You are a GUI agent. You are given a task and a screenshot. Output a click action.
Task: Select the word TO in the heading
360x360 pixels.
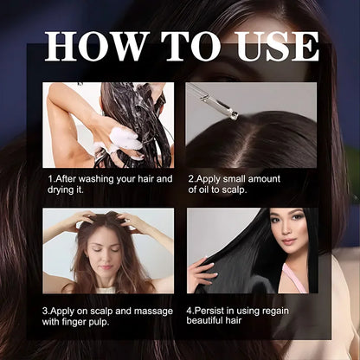click(178, 46)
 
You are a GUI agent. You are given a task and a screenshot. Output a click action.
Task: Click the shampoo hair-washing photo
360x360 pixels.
click(107, 125)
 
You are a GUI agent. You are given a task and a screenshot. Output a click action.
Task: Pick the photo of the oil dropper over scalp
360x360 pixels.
click(251, 125)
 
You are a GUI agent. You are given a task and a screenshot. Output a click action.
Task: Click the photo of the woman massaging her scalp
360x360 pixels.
click(107, 250)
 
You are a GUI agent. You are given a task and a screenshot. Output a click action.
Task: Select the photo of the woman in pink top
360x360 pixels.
click(251, 250)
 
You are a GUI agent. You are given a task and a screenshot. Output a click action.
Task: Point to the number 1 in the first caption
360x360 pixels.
click(49, 179)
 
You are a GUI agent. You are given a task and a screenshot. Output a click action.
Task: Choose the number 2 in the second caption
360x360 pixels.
click(191, 179)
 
